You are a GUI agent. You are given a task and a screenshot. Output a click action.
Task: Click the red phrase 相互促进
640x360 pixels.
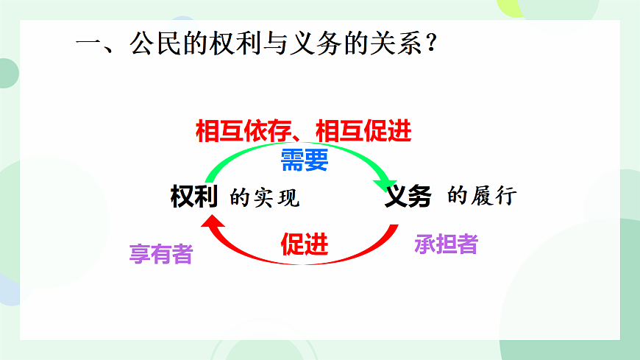tap(363, 131)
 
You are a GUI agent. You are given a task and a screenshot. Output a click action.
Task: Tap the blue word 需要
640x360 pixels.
tap(304, 160)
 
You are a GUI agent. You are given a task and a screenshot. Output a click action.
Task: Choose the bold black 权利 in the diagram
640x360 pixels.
tap(193, 197)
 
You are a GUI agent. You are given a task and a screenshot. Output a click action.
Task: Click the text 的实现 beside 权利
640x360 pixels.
tap(265, 198)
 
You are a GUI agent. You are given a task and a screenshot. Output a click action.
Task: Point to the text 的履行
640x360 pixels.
tap(483, 197)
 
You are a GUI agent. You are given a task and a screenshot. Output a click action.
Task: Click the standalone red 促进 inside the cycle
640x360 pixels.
tap(304, 244)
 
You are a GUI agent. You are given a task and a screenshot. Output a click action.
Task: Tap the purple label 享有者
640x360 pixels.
tap(160, 254)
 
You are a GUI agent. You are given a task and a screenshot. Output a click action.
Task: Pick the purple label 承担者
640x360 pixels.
tap(446, 244)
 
